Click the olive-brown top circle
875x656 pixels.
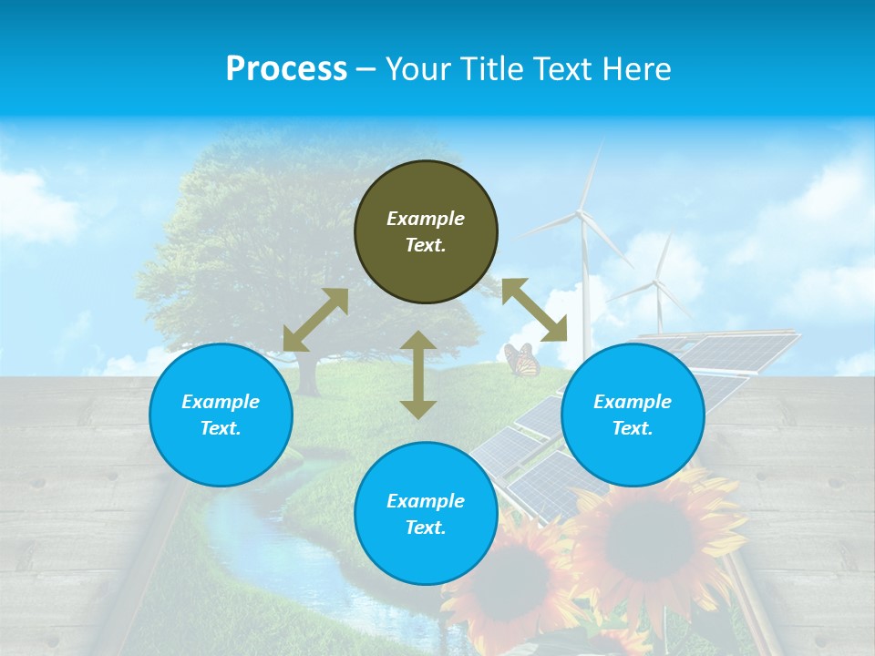426,231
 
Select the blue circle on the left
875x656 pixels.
221,415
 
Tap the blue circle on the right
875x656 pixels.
633,415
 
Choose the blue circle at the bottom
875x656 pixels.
426,514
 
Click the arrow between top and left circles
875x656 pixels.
315,320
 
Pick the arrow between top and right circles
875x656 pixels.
534,309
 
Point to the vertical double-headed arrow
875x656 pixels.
418,374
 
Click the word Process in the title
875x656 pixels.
286,68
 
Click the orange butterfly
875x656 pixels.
521,360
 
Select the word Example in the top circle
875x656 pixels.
426,219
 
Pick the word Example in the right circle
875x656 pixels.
633,402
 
